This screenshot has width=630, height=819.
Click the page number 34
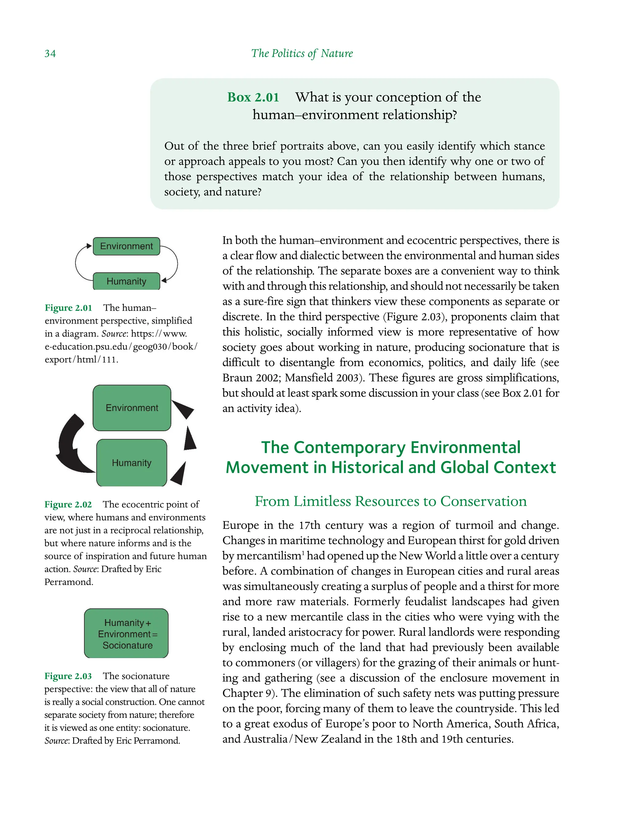pos(50,53)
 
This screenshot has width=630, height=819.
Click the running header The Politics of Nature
pos(302,53)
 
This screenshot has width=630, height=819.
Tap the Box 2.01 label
pos(253,97)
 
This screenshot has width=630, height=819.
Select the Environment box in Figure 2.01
pos(126,246)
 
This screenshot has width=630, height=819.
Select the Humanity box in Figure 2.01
pos(126,281)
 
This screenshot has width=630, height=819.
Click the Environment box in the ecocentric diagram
pos(132,408)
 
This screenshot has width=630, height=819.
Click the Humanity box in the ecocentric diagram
pos(132,463)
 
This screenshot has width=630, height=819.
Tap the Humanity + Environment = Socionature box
pos(126,634)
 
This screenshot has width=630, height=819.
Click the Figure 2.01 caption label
pos(68,308)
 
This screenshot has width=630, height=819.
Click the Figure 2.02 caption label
pos(68,504)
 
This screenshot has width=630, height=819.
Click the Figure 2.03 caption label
pos(68,676)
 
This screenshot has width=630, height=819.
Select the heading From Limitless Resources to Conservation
pos(390,501)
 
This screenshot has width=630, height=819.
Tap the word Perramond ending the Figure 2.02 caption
pos(68,582)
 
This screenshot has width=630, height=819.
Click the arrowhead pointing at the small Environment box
pos(89,246)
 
